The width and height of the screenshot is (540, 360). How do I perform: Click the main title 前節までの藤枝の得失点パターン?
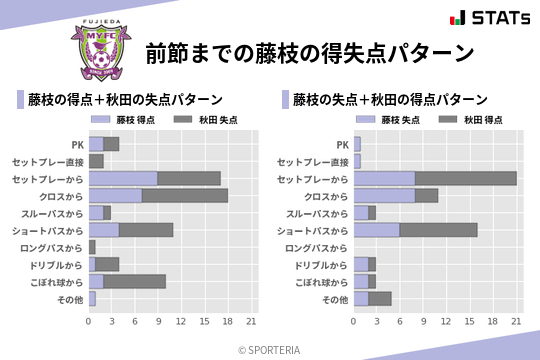tap(308, 52)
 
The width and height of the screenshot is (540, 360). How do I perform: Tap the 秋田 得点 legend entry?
tap(461, 120)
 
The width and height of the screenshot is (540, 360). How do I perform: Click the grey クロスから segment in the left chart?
tap(185, 195)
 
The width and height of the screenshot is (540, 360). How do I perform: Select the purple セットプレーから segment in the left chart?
tap(123, 178)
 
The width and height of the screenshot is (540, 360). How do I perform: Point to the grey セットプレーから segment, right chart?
tap(466, 178)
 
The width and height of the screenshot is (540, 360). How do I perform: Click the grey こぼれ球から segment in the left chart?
tap(135, 281)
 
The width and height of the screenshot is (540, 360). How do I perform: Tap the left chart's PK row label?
tap(78, 144)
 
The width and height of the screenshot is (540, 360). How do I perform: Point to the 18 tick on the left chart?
tap(228, 322)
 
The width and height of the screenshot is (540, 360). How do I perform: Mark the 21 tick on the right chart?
tap(516, 322)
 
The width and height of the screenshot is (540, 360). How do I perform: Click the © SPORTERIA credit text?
tap(270, 350)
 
